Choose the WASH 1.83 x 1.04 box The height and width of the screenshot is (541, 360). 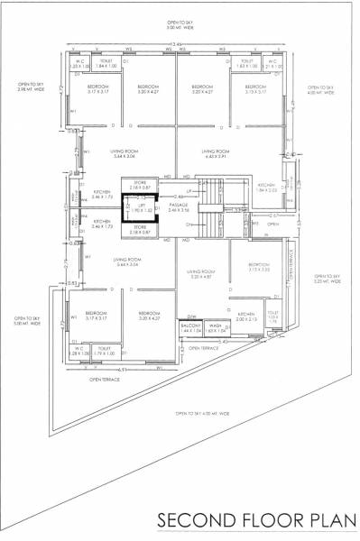pyautogui.click(x=214, y=330)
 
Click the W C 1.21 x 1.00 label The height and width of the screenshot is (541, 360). pyautogui.click(x=273, y=65)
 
